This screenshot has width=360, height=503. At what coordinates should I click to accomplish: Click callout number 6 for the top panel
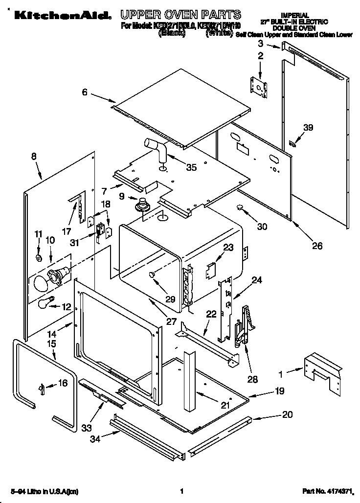85,92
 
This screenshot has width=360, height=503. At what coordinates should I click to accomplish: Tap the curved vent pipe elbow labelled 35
156,149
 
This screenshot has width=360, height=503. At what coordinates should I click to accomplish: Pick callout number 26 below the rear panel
317,246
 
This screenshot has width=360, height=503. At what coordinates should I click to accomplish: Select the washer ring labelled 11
39,257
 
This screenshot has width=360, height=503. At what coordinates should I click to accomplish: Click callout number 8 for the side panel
34,157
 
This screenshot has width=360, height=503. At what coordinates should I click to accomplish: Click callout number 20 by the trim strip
287,414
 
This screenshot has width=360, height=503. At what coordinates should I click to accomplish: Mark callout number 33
87,428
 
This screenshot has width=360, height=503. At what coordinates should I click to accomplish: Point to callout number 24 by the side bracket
257,280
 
